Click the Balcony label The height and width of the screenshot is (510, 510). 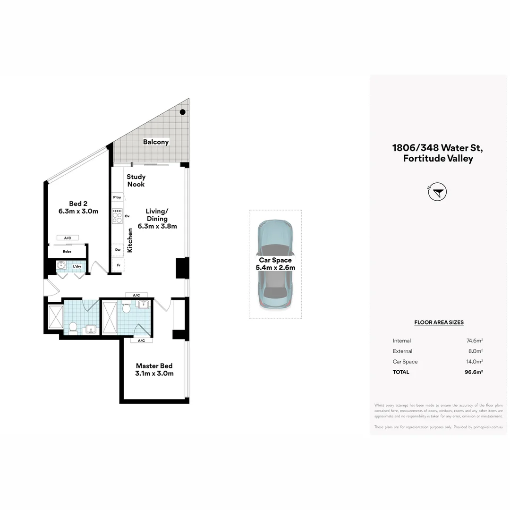click(x=156, y=142)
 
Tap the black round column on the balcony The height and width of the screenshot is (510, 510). click(x=182, y=112)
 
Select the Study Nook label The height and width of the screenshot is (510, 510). click(x=136, y=180)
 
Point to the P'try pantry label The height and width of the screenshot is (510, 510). click(x=117, y=197)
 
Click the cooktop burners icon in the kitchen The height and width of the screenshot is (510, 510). click(x=117, y=216)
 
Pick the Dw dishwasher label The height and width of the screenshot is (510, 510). click(x=118, y=250)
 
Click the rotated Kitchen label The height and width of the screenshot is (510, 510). click(x=130, y=240)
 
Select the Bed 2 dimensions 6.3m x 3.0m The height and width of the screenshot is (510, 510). click(x=78, y=211)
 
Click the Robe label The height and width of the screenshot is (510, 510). click(x=67, y=252)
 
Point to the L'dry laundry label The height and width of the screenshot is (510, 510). click(x=76, y=267)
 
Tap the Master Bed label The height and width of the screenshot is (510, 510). click(x=154, y=366)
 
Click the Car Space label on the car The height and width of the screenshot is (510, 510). click(x=275, y=260)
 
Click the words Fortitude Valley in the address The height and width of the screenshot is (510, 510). click(x=438, y=159)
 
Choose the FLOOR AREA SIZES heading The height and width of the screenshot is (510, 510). click(x=439, y=323)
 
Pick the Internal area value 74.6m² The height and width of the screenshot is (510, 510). click(x=474, y=340)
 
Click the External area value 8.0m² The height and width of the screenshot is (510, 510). click(x=475, y=351)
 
